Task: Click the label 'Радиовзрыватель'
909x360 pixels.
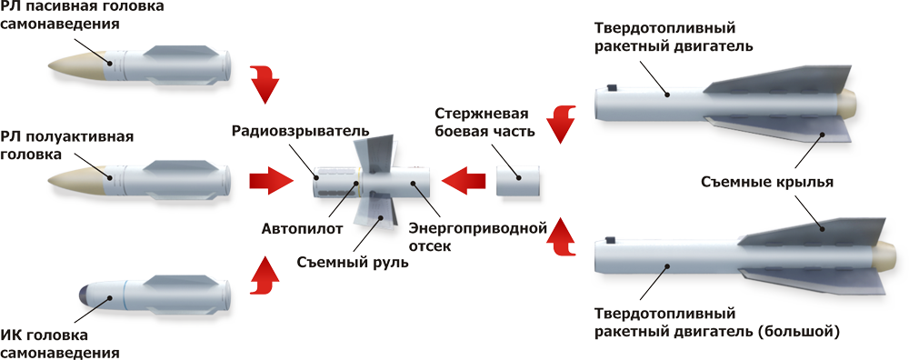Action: pyautogui.click(x=300, y=130)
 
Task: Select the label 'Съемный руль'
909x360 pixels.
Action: pyautogui.click(x=353, y=263)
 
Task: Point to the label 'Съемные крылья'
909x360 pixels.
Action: pyautogui.click(x=767, y=184)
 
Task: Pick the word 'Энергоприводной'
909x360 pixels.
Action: pyautogui.click(x=478, y=228)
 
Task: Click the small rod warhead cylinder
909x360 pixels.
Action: pyautogui.click(x=519, y=181)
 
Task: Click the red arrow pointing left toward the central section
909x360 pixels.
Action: pyautogui.click(x=464, y=181)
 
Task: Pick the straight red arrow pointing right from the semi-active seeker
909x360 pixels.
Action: pyautogui.click(x=271, y=181)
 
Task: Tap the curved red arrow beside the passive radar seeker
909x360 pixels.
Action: pyautogui.click(x=264, y=83)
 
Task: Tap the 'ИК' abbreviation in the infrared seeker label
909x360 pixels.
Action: pyautogui.click(x=11, y=335)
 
